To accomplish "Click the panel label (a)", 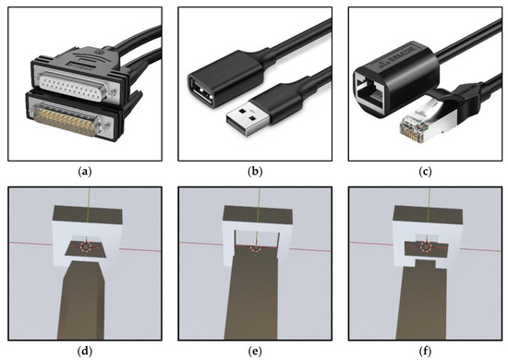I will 85,168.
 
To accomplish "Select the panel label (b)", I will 254,168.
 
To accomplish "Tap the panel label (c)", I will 423,168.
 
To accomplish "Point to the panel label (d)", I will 85,349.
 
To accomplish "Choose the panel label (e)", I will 254,349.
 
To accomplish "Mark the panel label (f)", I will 423,349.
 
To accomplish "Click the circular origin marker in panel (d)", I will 86,246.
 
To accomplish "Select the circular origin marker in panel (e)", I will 255,246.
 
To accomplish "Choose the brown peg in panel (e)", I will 255,295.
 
